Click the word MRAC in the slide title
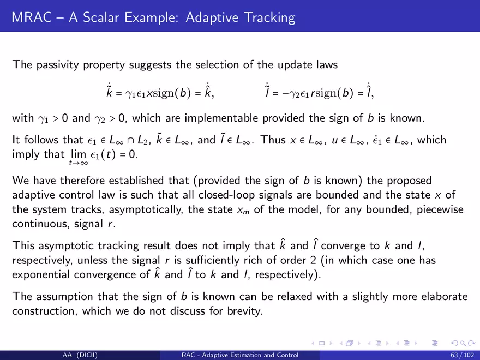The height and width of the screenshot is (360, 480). pos(32,17)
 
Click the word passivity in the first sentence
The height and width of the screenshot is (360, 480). pos(58,65)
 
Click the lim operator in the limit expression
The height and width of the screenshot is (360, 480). pos(79,154)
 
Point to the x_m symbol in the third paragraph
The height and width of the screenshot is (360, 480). pos(243,211)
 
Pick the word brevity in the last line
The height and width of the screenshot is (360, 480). pos(244,311)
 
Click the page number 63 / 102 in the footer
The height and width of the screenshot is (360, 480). pos(462,355)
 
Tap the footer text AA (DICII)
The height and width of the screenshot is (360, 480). pos(80,355)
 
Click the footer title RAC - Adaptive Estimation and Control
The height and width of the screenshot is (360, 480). pos(240,355)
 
